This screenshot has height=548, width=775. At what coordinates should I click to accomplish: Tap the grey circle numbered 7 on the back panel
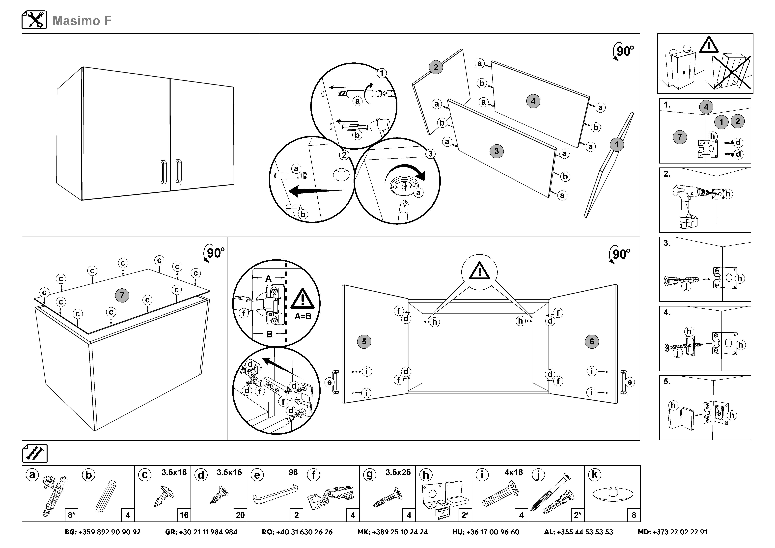click(122, 295)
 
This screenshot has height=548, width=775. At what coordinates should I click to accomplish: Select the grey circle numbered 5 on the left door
click(364, 341)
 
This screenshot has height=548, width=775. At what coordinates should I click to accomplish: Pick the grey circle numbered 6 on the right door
click(591, 341)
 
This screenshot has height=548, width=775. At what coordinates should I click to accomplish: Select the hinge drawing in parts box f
click(331, 496)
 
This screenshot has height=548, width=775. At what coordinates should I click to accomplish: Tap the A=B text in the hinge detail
click(303, 316)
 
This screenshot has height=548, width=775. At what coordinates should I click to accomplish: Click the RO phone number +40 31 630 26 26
click(297, 532)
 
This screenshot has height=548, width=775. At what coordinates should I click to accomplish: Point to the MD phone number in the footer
click(672, 532)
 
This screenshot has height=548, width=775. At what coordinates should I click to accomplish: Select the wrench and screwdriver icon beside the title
click(34, 20)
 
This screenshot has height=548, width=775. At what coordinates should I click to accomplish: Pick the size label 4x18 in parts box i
click(513, 472)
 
